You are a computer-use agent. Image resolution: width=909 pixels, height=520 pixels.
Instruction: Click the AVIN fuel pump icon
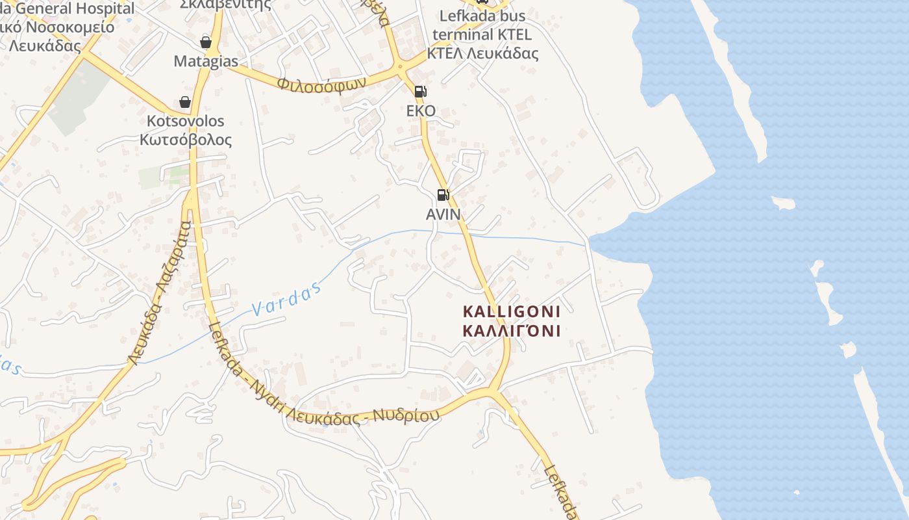[x=443, y=194]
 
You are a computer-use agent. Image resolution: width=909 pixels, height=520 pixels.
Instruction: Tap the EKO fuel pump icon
[x=420, y=92]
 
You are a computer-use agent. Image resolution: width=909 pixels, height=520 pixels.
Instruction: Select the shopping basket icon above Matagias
[x=206, y=43]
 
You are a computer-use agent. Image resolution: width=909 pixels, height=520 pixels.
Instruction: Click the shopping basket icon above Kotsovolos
[x=185, y=102]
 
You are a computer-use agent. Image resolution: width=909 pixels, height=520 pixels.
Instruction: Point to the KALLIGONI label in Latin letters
[x=511, y=311]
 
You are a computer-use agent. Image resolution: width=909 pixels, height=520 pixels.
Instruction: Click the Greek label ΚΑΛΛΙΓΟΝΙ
[x=511, y=331]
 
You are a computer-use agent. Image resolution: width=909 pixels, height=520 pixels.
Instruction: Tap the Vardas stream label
[x=286, y=299]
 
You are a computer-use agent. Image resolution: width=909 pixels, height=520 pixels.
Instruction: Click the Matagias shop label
[x=206, y=61]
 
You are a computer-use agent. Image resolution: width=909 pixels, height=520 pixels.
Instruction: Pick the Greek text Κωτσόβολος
[x=186, y=139]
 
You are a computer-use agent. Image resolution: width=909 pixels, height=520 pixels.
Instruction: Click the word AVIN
[x=443, y=214]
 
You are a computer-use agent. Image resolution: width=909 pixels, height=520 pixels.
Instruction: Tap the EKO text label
[x=421, y=110]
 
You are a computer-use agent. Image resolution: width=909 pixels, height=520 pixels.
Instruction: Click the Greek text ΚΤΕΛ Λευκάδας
[x=482, y=53]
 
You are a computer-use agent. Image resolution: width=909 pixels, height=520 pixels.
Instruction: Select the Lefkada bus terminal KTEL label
[x=482, y=25]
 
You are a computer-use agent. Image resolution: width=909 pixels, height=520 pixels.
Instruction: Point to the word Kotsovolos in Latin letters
[x=186, y=121]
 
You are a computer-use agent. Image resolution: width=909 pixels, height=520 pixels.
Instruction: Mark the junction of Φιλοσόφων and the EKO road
[x=401, y=66]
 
